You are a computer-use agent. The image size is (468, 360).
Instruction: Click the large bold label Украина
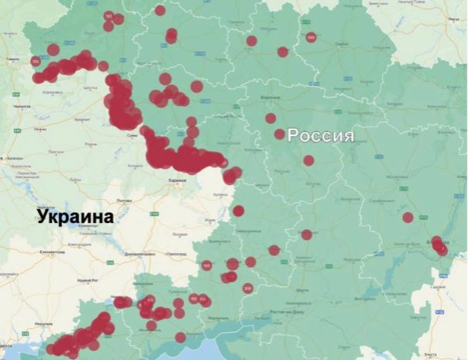[x=74, y=217]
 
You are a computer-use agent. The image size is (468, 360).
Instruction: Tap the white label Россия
[x=321, y=136]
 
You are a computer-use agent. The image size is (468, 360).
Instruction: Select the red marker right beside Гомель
[x=36, y=60]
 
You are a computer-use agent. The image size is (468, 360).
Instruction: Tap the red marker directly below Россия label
[x=308, y=160]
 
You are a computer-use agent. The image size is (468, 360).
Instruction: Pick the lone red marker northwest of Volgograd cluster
[x=408, y=218]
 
